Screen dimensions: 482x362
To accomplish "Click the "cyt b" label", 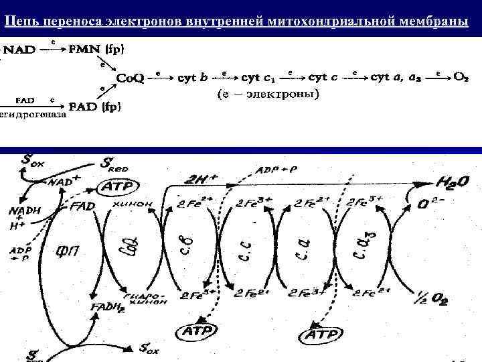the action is pyautogui.click(x=195, y=78).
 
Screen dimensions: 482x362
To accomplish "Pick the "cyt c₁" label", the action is pyautogui.click(x=259, y=78).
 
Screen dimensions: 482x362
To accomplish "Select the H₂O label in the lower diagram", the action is pyautogui.click(x=452, y=182).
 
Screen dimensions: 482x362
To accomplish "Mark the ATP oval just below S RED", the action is pyautogui.click(x=118, y=186).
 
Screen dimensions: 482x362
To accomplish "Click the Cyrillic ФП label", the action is pyautogui.click(x=69, y=253).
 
